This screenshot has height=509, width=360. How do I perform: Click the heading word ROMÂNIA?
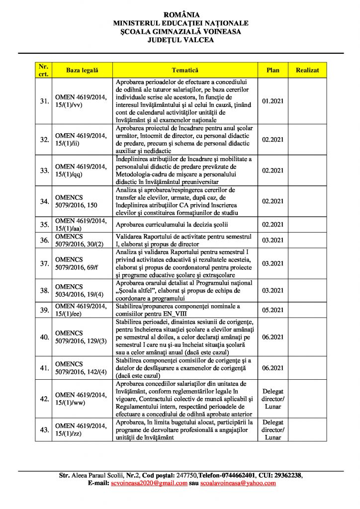click(x=180, y=15)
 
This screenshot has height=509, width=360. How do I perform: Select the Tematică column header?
click(x=185, y=70)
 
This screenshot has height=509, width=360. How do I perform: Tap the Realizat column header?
click(x=307, y=70)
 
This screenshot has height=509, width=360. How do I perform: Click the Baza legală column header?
click(x=83, y=70)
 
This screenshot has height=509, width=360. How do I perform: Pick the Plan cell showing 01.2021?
click(x=272, y=101)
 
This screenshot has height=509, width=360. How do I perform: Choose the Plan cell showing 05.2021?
click(x=272, y=310)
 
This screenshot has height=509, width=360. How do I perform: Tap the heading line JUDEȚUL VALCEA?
click(x=180, y=40)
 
